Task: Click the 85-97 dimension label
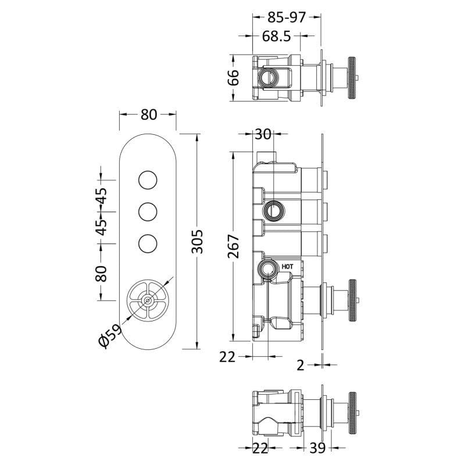coord(286,17)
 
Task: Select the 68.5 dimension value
coord(277,36)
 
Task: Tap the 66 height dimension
coord(234,77)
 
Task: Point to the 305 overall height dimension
coord(197,241)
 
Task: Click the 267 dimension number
coord(234,246)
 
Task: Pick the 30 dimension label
coord(263,134)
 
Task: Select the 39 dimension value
coord(317,448)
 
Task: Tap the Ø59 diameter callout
coord(110,335)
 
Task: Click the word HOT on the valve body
coord(287,267)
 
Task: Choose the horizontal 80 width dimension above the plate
coord(149,115)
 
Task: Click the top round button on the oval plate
coord(148,180)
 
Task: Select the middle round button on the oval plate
coord(148,212)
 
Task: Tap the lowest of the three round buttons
coord(148,244)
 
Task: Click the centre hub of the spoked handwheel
coord(148,301)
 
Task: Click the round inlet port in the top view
coord(269,78)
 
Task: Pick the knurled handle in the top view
coord(352,78)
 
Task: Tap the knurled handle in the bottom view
coord(352,413)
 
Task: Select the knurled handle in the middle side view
coord(352,301)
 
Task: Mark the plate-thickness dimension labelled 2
coord(301,365)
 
